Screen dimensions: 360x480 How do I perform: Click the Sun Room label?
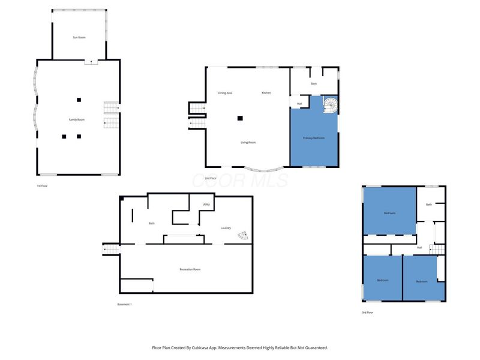79,37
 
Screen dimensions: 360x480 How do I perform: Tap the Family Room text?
77,120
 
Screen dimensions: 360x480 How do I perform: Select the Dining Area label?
226,93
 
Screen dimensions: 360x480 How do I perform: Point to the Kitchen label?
266,93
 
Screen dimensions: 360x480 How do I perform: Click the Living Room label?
248,142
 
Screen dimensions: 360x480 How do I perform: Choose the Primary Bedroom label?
314,138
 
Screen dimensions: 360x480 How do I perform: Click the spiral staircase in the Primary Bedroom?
330,106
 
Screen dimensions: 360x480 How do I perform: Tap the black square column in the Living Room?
240,118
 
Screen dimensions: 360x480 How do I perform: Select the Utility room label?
206,205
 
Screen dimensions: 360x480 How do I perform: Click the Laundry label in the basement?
226,228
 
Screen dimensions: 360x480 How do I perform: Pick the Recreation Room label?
190,269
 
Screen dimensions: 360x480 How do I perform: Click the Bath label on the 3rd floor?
429,205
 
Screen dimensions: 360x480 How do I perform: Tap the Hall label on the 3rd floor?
419,247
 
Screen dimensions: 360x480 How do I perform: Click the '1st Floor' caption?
43,186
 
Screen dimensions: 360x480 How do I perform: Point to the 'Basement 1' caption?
124,305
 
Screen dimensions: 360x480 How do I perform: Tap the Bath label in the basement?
152,224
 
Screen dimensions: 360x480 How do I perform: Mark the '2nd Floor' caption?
211,178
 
